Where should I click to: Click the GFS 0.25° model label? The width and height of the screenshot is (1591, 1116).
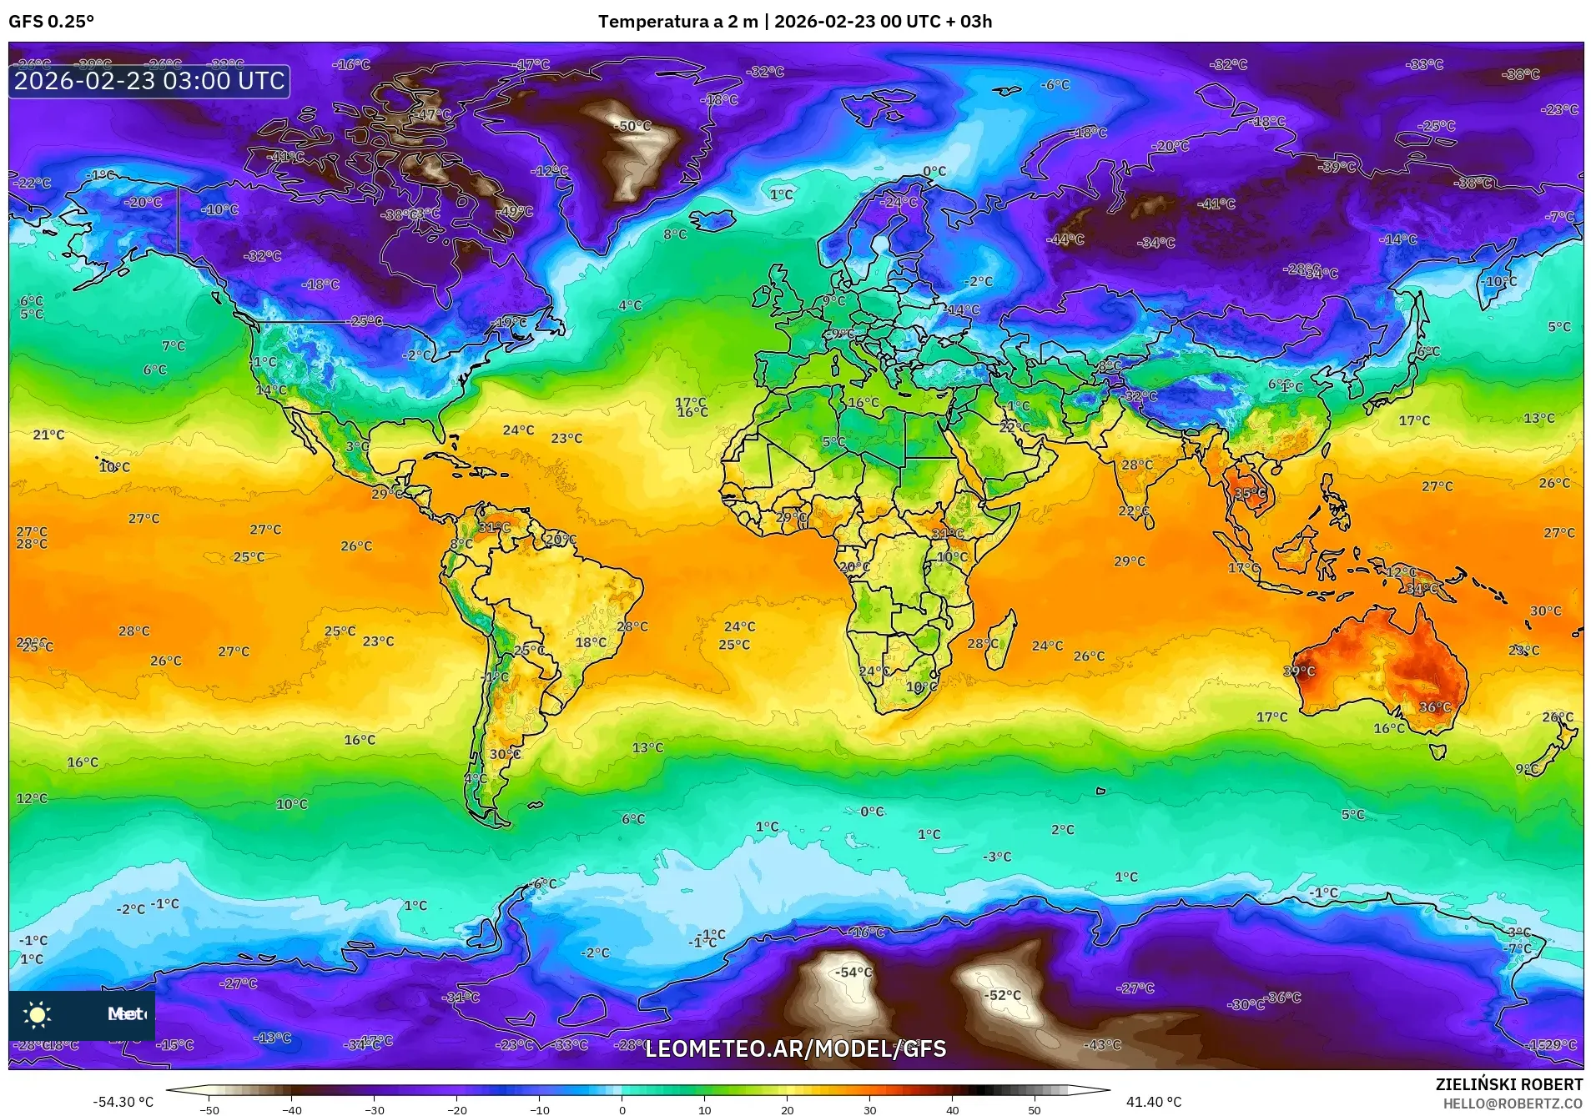click(x=51, y=22)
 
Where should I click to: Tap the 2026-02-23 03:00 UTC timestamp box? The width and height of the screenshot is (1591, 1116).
click(x=149, y=81)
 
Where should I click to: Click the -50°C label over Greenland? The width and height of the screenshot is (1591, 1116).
click(x=633, y=126)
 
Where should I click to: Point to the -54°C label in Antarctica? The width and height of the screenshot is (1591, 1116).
click(x=853, y=972)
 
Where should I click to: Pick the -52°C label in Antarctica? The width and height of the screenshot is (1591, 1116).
click(x=1002, y=995)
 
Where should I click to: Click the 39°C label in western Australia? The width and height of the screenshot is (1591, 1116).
click(x=1299, y=671)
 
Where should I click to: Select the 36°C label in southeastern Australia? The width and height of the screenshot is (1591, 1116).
click(x=1435, y=707)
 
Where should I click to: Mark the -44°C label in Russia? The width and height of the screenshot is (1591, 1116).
click(x=1066, y=239)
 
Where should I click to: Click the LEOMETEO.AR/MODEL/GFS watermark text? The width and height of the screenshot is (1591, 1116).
click(x=796, y=1048)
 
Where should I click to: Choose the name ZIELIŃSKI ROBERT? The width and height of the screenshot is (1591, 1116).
click(x=1508, y=1084)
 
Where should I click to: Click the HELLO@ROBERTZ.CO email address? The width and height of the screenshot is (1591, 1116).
click(x=1513, y=1103)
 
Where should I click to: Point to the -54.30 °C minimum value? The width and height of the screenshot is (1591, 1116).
click(x=123, y=1102)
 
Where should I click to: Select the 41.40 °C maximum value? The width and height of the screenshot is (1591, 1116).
click(x=1154, y=1102)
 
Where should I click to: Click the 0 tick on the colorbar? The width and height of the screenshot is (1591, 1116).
click(x=622, y=1109)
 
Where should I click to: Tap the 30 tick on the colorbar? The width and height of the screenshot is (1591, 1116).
click(x=870, y=1109)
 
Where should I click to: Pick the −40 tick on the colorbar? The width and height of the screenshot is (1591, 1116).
click(x=291, y=1109)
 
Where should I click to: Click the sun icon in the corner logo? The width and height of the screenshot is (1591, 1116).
click(x=38, y=1014)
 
